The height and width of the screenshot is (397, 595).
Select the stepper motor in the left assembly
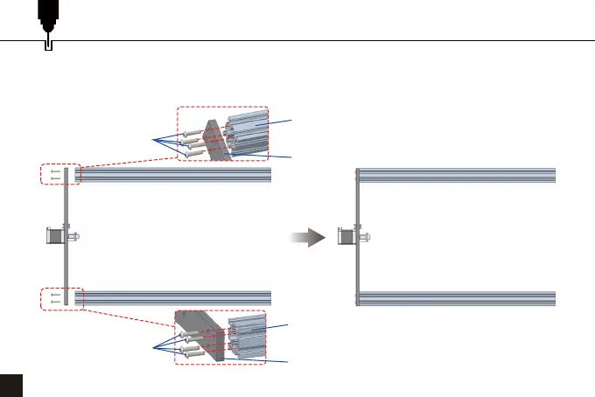point(53,235)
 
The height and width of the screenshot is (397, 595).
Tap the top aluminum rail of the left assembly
point(175,175)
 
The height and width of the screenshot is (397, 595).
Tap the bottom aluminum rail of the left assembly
point(175,297)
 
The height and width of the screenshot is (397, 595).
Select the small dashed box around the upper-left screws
point(60,174)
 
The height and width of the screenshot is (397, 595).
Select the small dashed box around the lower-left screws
point(60,297)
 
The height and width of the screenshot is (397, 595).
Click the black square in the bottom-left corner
point(11,386)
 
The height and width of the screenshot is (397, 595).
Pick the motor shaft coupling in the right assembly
point(365,236)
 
